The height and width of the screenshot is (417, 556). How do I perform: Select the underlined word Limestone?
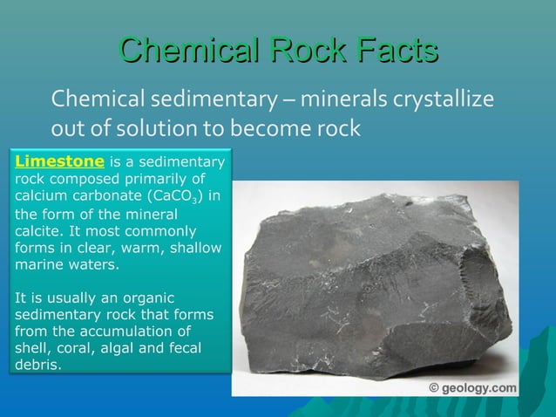[x=61, y=161]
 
